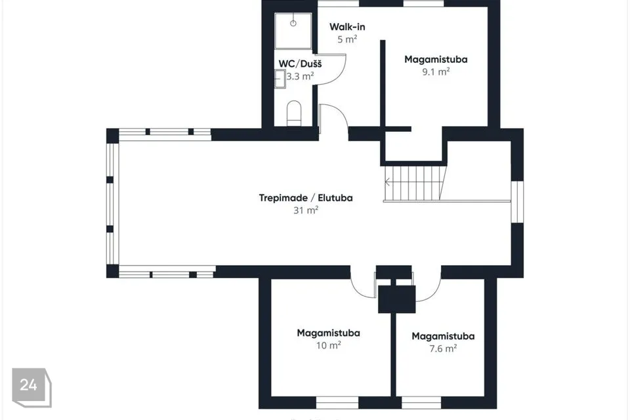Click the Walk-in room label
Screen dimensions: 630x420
coord(347,27)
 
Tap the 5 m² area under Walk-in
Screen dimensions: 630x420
coord(347,39)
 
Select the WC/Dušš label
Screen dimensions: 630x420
coord(300,64)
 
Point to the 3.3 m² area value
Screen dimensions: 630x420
coord(300,76)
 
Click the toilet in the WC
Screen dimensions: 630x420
coord(294,113)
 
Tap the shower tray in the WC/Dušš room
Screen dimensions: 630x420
coord(293,31)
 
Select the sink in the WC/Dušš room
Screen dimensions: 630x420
coord(280,79)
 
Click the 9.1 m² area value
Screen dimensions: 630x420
coord(436,72)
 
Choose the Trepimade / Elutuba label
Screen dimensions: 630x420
coord(306,198)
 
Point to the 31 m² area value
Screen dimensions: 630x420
coord(306,210)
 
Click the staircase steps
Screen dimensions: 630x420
coord(415,183)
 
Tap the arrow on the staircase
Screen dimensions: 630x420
coord(388,182)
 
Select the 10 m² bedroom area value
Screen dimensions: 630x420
coord(328,345)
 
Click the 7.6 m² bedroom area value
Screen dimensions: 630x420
coord(443,348)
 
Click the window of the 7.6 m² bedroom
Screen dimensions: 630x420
coord(421,402)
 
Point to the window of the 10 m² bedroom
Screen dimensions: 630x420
coord(337,402)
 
